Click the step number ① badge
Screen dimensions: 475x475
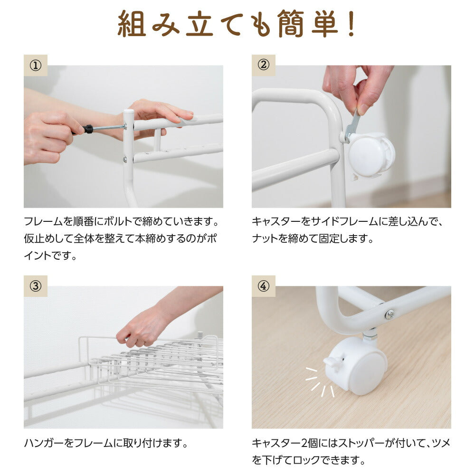point(36,65)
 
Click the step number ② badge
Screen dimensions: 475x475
point(263,65)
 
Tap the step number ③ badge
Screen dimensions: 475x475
point(36,286)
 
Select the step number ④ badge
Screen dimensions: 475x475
point(263,286)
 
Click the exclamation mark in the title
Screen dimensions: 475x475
point(351,24)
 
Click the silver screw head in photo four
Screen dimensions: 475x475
point(389,314)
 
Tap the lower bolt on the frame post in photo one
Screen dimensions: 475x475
point(125,159)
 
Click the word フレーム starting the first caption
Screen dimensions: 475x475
point(43,221)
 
